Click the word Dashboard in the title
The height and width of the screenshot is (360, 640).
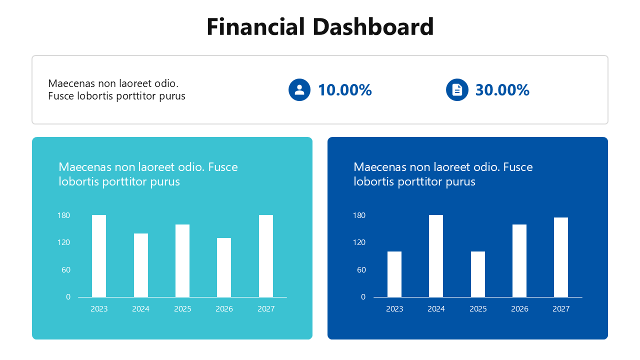click(373, 27)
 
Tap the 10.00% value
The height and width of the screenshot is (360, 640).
click(345, 90)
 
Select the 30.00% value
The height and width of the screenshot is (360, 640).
click(502, 90)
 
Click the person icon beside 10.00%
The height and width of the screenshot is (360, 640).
click(299, 90)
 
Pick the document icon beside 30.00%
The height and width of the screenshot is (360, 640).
click(457, 90)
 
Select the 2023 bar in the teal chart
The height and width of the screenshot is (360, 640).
click(99, 256)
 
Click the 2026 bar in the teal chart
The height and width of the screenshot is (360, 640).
click(224, 267)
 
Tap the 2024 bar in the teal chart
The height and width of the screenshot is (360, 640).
click(141, 265)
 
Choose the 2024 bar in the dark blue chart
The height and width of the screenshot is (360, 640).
click(436, 256)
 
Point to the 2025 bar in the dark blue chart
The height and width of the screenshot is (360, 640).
click(478, 274)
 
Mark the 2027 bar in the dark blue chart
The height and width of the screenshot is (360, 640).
click(561, 257)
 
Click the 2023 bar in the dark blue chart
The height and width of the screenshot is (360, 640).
click(394, 274)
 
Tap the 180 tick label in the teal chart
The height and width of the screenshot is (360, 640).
click(64, 215)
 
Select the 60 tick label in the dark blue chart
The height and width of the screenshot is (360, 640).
click(361, 270)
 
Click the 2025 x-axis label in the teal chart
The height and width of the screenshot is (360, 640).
click(182, 309)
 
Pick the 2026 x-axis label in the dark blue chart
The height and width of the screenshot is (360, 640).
click(519, 309)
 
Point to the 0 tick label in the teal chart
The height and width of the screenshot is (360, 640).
click(68, 297)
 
